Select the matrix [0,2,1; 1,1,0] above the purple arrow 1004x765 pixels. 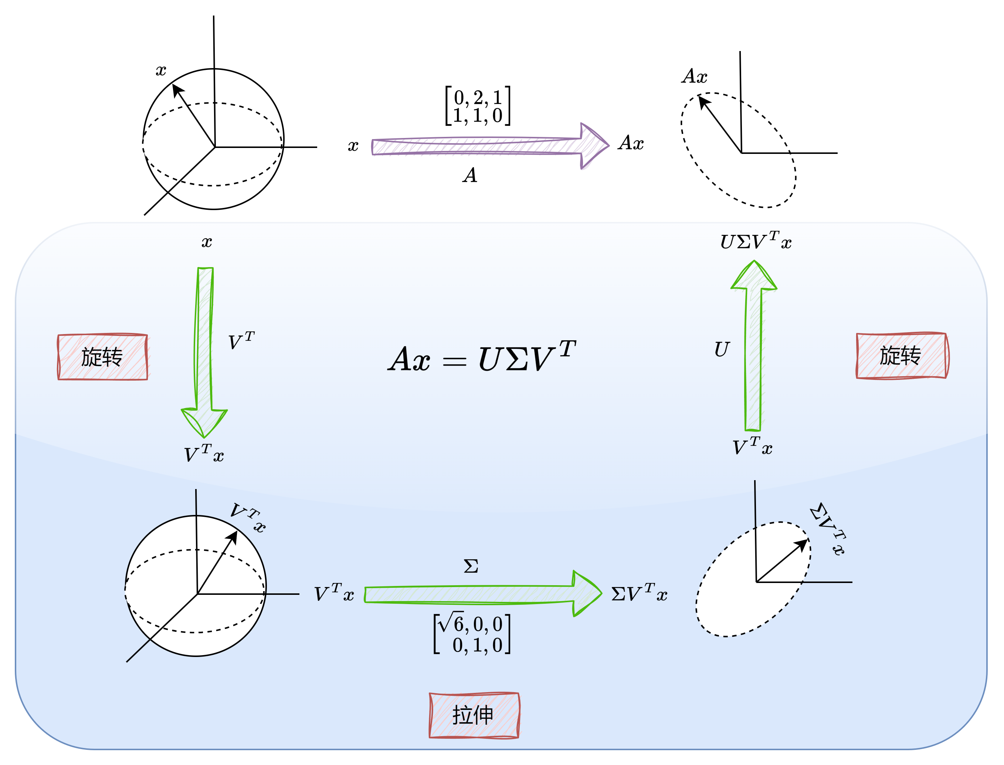(x=478, y=106)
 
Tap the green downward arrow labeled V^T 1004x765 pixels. (x=204, y=352)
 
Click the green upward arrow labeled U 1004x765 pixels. (x=753, y=345)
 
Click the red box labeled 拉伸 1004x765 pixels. (x=474, y=715)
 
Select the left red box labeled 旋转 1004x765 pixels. (x=102, y=357)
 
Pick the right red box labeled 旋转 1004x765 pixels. (x=902, y=355)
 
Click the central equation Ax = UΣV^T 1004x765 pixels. (x=482, y=356)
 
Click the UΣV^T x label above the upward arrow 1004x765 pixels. (x=756, y=240)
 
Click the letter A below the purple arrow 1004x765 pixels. (x=470, y=175)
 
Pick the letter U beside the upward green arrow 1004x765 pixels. (x=722, y=349)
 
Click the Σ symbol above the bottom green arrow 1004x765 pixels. (x=471, y=566)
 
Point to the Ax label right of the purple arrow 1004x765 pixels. (x=631, y=143)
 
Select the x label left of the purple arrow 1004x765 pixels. (x=353, y=146)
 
